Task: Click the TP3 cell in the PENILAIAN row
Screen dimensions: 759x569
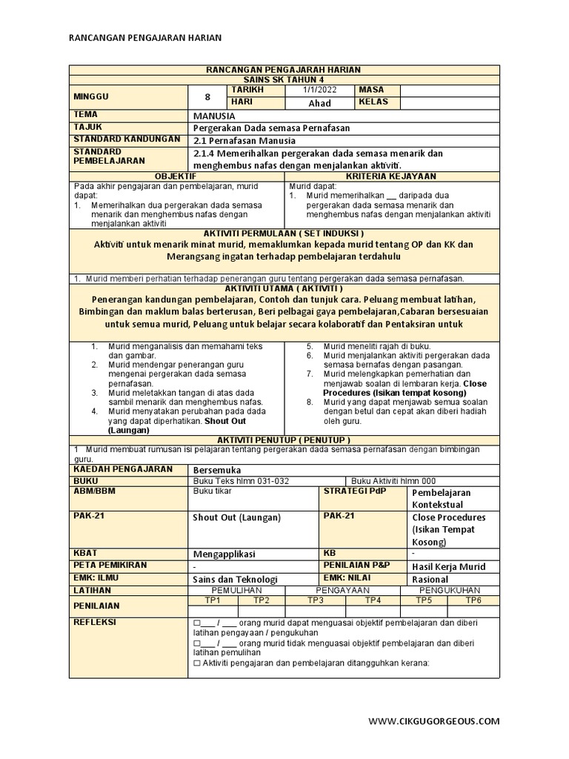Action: [x=316, y=600]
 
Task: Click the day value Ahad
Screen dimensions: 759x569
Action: [x=319, y=103]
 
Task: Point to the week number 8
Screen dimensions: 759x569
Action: [x=207, y=96]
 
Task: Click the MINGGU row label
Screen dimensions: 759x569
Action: [x=91, y=96]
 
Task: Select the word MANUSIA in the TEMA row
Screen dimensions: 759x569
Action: [x=214, y=116]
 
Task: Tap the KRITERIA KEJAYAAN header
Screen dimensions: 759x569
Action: [x=393, y=176]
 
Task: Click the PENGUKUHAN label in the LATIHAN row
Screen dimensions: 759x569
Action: [x=449, y=590]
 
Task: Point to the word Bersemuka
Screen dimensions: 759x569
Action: [x=216, y=469]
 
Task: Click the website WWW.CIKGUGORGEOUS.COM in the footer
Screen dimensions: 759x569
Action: [x=433, y=720]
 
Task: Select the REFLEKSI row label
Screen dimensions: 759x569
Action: [x=95, y=622]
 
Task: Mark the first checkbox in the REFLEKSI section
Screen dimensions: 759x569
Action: [x=196, y=623]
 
